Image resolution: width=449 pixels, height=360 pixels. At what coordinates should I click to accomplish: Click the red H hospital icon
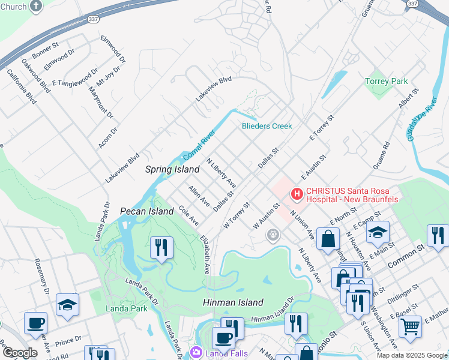point(296,194)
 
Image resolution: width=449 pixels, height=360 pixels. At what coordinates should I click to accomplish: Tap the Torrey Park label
point(387,81)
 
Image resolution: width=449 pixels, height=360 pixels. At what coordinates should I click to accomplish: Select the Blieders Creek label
point(267,126)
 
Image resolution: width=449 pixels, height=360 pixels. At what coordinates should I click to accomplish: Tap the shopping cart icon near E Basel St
point(410,326)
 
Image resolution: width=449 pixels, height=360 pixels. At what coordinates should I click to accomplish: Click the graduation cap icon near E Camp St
point(378,232)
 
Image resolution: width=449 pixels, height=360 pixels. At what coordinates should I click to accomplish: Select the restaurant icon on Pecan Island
point(161,247)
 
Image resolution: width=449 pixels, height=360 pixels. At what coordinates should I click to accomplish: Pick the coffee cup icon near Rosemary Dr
point(35,323)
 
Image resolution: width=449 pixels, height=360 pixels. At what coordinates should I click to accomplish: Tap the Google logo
point(19,353)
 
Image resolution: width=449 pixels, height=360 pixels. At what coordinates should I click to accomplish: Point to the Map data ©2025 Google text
point(412,355)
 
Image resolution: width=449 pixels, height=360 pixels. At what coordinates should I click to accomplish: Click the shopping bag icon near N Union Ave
point(327,238)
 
